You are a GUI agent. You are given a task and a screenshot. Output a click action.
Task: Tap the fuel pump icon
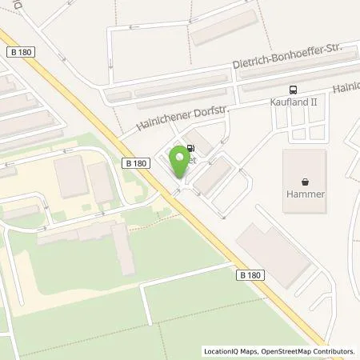pos(190,148)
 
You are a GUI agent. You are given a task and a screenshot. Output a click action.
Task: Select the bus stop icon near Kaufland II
pos(294,90)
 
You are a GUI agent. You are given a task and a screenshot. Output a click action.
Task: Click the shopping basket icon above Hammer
pos(305,180)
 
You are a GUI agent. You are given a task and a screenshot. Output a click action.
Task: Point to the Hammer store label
pos(305,194)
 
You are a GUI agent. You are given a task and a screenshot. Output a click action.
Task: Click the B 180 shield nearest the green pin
pos(136,163)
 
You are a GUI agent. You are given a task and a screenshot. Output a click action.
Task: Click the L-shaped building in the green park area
pos(120,247)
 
